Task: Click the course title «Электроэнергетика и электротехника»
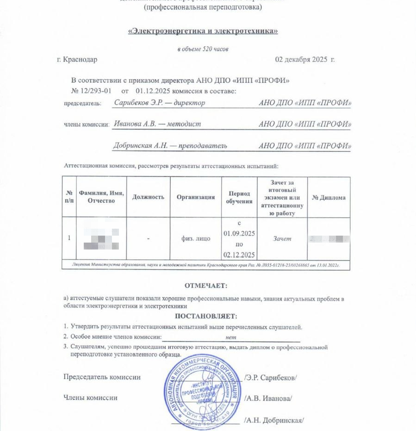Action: [x=203, y=31]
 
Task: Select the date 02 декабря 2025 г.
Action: [x=304, y=60]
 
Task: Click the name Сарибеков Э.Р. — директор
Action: [x=159, y=103]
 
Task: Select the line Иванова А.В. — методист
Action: [x=157, y=124]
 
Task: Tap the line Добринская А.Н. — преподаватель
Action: [x=170, y=145]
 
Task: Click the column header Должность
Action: [x=148, y=197]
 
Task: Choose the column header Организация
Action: [x=196, y=197]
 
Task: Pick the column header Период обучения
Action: [x=239, y=197]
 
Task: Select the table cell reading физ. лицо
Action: [x=196, y=239]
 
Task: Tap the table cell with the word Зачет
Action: [x=282, y=239]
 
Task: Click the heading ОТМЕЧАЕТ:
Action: [x=206, y=286]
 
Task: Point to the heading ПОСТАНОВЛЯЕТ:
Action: [x=206, y=317]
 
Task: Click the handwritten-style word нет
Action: [x=230, y=338]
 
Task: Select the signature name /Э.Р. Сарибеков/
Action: [x=270, y=377]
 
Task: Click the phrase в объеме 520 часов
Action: [x=203, y=49]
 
